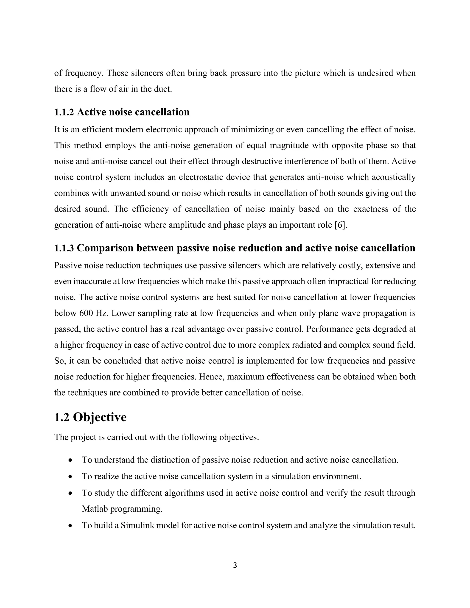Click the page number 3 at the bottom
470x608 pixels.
235,565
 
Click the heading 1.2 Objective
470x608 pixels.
90,417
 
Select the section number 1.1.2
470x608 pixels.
64,112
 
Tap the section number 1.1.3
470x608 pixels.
64,248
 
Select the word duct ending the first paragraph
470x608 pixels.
163,89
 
